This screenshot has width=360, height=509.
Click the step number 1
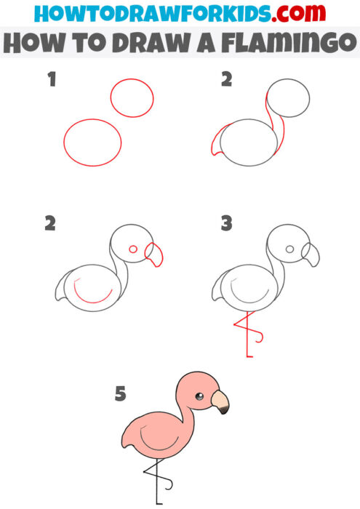[x=52, y=81]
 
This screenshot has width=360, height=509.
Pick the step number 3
[x=226, y=223]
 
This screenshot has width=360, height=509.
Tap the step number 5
[x=120, y=395]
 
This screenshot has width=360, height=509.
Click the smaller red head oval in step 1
[x=132, y=98]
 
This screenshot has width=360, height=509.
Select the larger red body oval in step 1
[x=92, y=143]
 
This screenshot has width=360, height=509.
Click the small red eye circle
[x=133, y=249]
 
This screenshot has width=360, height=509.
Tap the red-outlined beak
[x=154, y=254]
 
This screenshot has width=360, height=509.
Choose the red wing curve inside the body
[x=95, y=294]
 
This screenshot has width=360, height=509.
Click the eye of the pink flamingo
[x=199, y=396]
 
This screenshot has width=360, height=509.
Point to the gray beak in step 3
[x=311, y=254]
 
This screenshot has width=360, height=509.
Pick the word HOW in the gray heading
[x=33, y=44]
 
